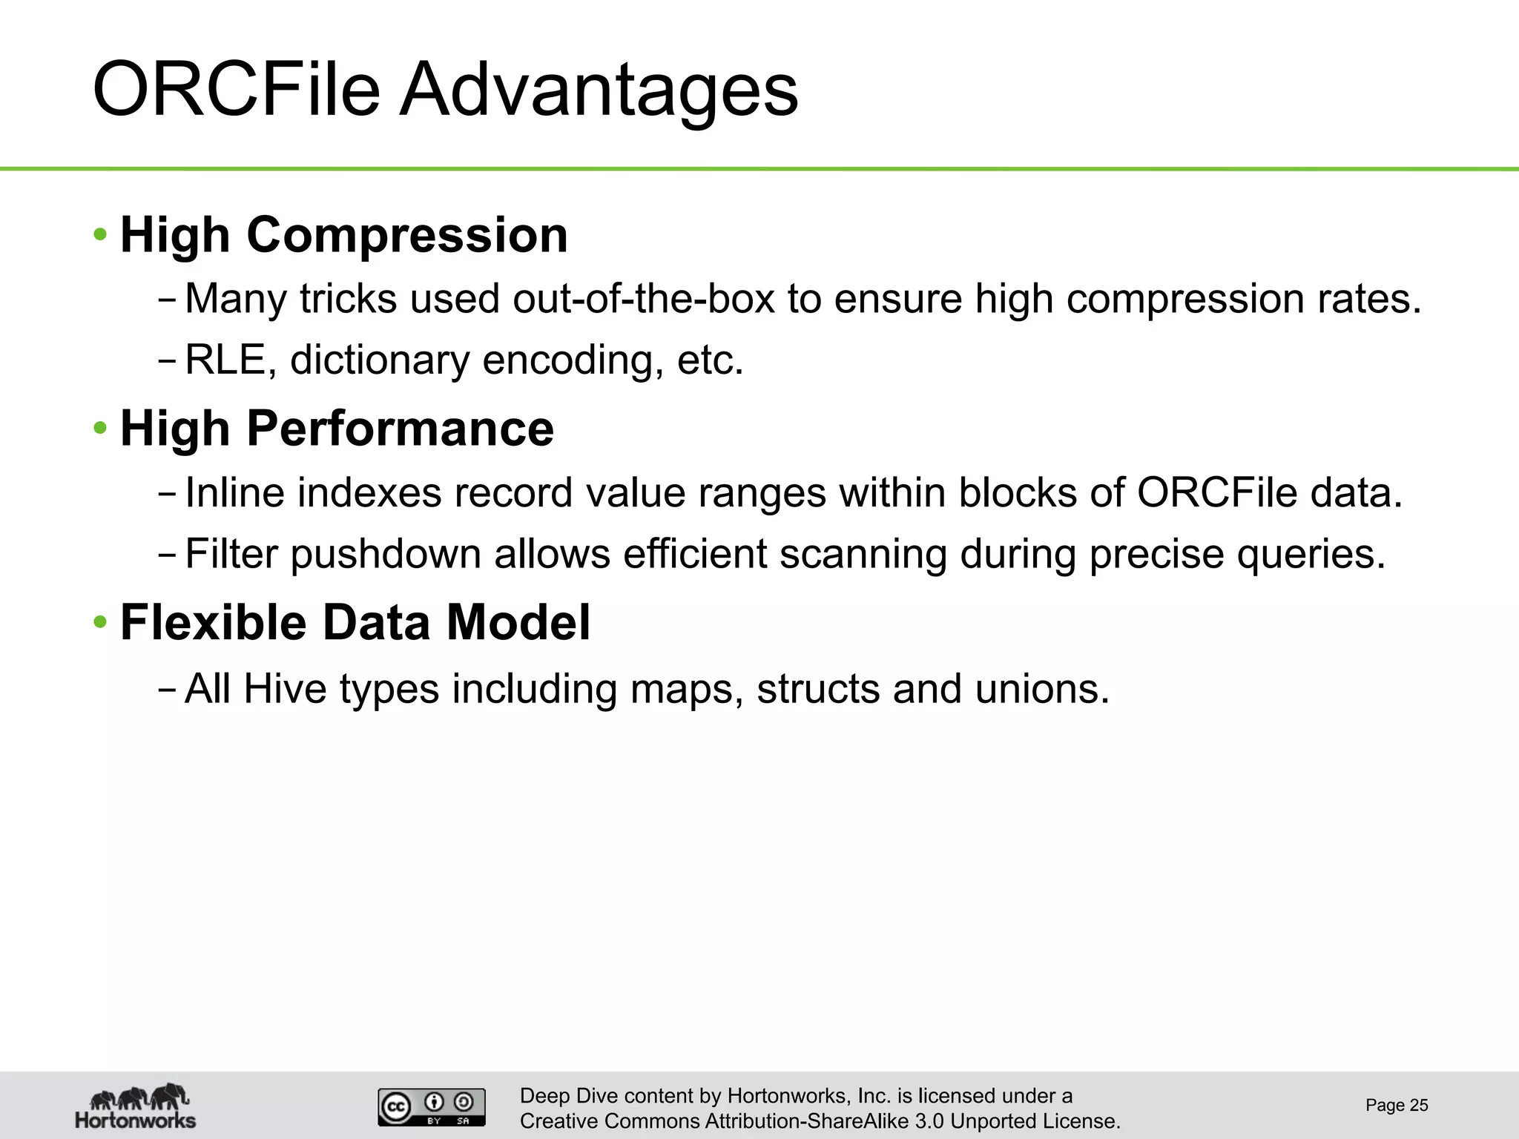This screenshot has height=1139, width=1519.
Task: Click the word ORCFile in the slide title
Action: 236,90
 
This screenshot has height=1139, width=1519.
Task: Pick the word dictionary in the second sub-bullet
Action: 379,360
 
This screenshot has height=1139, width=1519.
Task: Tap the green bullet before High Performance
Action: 100,429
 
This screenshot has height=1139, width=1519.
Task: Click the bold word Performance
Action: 400,429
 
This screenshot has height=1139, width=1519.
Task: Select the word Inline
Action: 234,492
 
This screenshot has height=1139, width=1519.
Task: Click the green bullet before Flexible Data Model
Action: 100,622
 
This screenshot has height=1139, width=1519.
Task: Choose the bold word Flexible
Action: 213,622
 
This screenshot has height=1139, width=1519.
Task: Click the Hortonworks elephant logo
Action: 136,1105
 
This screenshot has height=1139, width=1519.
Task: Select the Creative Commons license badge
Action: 432,1106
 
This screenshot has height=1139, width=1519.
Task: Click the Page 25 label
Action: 1397,1105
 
